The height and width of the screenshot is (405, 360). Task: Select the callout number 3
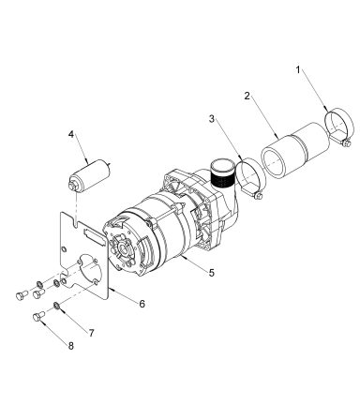pyautogui.click(x=213, y=121)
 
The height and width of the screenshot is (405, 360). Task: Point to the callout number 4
pyautogui.click(x=71, y=135)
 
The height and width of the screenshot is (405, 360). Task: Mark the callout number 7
pyautogui.click(x=91, y=332)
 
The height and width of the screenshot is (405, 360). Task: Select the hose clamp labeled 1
pyautogui.click(x=338, y=126)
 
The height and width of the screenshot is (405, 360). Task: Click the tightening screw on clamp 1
pyautogui.click(x=346, y=142)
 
